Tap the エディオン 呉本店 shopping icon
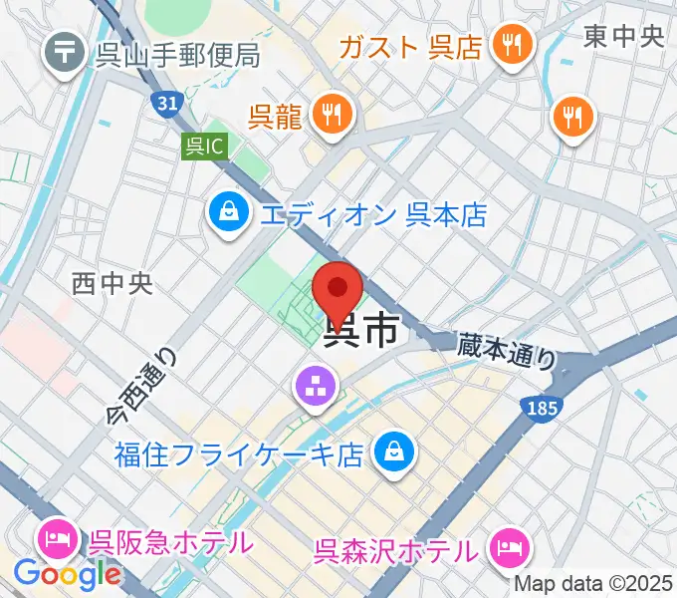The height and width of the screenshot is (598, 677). (x=230, y=212)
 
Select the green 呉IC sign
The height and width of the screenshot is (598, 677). (x=205, y=147)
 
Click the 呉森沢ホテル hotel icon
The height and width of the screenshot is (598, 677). (x=509, y=547)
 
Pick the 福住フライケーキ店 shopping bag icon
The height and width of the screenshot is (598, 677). (x=395, y=452)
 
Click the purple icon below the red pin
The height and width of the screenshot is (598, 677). (x=316, y=388)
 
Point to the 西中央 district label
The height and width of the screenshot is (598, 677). (x=113, y=284)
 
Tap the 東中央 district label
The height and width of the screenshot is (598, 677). (x=624, y=37)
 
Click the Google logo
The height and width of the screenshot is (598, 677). (x=67, y=574)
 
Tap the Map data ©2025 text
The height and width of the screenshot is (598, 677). (x=594, y=583)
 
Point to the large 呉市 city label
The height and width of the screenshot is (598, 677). (x=364, y=329)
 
